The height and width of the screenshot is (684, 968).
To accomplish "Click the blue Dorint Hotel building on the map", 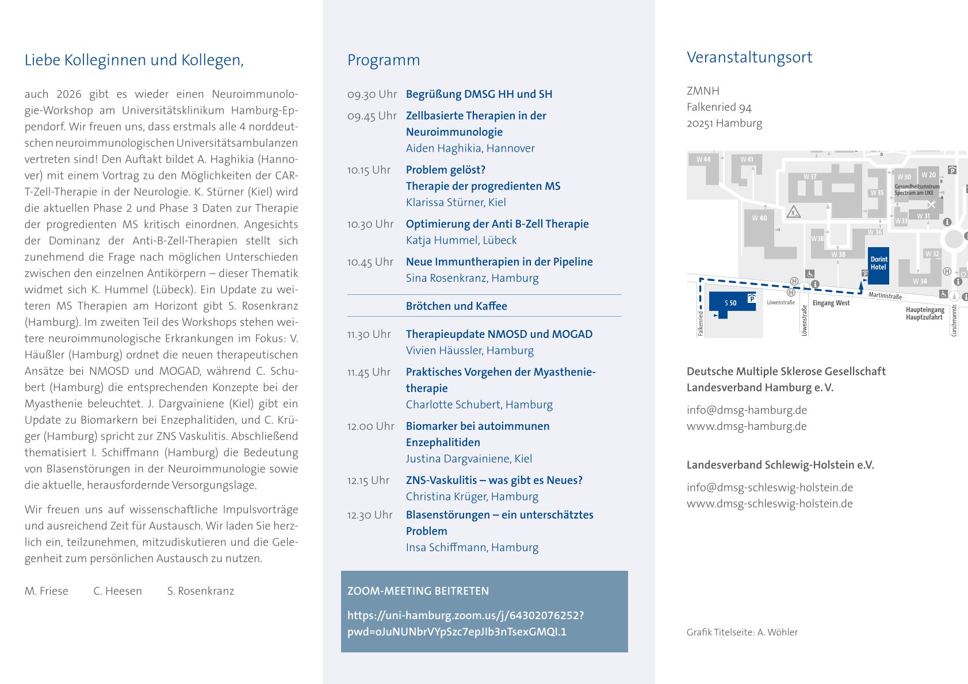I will click(878, 266).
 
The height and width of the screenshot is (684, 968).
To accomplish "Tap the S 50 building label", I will click(730, 303).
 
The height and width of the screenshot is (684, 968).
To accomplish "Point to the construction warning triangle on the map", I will click(794, 212).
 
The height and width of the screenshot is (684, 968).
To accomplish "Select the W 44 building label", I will click(703, 159).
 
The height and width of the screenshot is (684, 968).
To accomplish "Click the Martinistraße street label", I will click(885, 295).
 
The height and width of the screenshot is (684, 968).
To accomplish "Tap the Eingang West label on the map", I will click(831, 303).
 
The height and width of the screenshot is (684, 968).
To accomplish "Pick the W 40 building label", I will click(759, 218).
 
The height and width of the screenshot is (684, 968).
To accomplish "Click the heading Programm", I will click(384, 60).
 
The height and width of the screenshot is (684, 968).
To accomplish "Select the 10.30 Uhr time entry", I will click(370, 224).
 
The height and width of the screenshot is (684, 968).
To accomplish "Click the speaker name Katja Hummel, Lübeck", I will click(461, 240).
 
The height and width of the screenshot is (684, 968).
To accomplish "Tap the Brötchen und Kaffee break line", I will click(456, 306).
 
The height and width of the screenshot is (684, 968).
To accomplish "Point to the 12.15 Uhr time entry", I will click(369, 481).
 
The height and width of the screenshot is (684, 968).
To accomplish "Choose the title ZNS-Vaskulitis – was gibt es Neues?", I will click(494, 481).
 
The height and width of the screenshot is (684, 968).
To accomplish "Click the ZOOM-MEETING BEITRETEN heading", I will click(418, 591).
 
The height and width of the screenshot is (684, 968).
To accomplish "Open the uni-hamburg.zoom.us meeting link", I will click(465, 624).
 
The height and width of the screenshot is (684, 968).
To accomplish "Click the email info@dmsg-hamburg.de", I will click(747, 410).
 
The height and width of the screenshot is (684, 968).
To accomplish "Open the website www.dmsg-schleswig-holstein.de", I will click(770, 504).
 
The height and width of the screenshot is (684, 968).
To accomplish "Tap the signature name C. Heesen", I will click(117, 591).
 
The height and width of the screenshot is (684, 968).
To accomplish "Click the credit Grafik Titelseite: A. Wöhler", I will click(742, 632).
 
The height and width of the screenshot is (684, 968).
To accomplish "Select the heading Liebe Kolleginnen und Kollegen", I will click(134, 60).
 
